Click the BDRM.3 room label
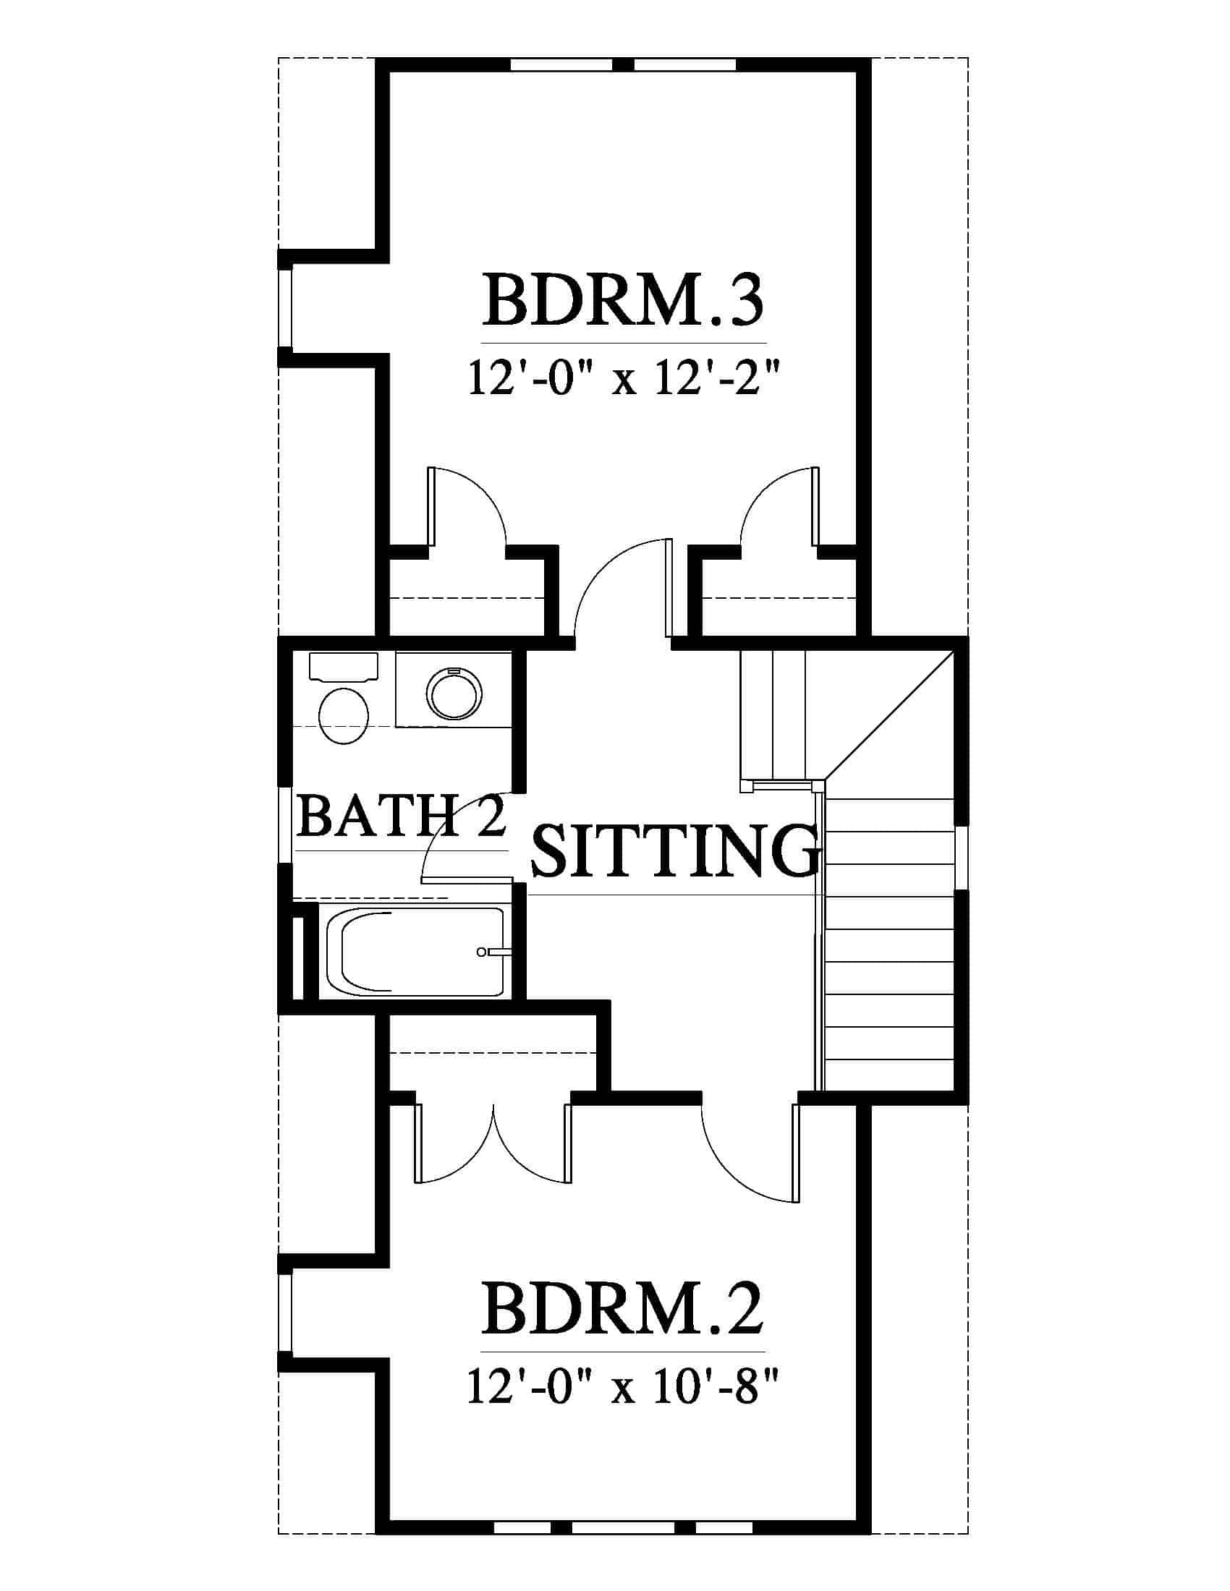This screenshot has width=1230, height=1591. pos(623,300)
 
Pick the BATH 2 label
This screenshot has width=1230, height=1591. pos(402,816)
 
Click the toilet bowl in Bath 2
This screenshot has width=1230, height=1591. pos(344,715)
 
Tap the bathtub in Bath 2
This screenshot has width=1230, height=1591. pos(415,951)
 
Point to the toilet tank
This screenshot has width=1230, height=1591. pos(344,667)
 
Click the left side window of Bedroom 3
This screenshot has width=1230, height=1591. pos(286,307)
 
